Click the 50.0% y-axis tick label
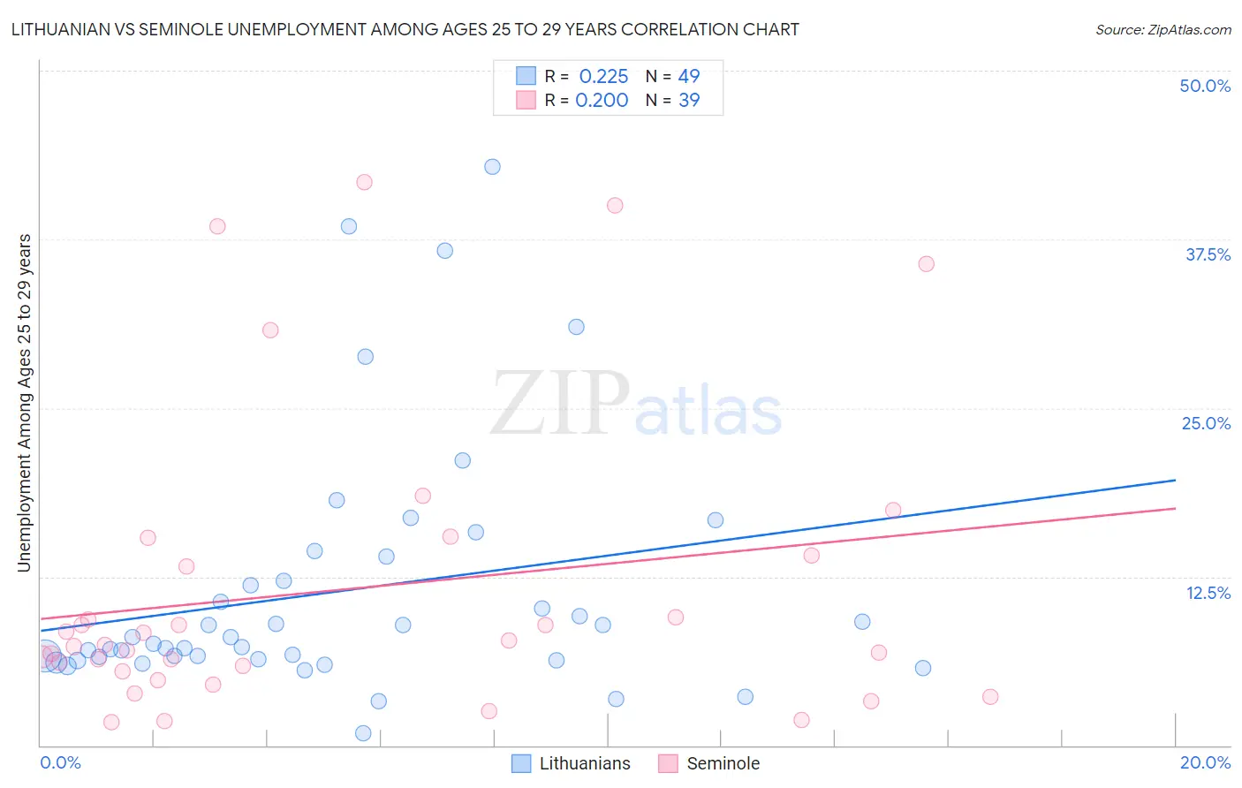point(1205,86)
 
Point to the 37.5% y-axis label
point(1208,254)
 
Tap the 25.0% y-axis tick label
point(1206,423)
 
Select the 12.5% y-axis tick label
point(1208,593)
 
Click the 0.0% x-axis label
point(61,762)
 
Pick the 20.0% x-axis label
point(1205,762)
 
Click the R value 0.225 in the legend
point(603,77)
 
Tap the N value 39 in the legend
point(689,101)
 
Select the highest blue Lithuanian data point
point(492,167)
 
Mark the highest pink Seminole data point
point(364,182)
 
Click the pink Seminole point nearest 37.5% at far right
point(926,264)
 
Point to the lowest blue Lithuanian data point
point(363,733)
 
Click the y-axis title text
point(25,403)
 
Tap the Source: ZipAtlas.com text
point(1162,30)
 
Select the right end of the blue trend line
point(1175,480)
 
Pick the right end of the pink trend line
point(1175,508)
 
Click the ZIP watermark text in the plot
point(560,404)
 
